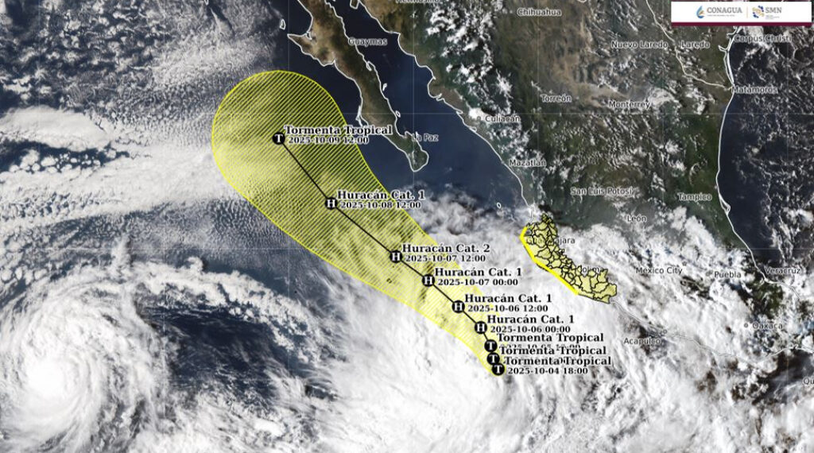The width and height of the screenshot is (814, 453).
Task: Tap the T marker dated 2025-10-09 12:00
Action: [x=278, y=139]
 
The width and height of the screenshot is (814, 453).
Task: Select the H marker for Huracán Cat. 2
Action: [x=395, y=256]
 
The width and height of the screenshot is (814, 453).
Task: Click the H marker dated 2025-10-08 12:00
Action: [x=331, y=203]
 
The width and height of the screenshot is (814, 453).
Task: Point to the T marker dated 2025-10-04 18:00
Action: [x=498, y=370]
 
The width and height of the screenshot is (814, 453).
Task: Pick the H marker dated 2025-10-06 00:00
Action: [x=479, y=327]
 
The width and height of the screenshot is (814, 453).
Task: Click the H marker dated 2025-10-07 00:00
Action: [x=428, y=280]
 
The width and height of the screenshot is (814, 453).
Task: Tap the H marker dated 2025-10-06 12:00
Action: [x=457, y=305]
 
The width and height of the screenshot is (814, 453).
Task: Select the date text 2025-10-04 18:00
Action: [x=547, y=370]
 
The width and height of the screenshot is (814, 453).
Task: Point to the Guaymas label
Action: [x=368, y=41]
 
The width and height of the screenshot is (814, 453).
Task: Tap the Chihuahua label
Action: [x=539, y=12]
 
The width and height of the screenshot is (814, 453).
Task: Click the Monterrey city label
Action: [x=630, y=104]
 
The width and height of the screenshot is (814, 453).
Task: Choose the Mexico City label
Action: [x=658, y=271]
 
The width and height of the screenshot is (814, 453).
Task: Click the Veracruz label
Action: [x=781, y=271]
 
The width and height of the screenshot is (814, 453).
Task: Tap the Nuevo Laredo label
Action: [x=635, y=45]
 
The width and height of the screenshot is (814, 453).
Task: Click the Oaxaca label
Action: [x=768, y=325]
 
